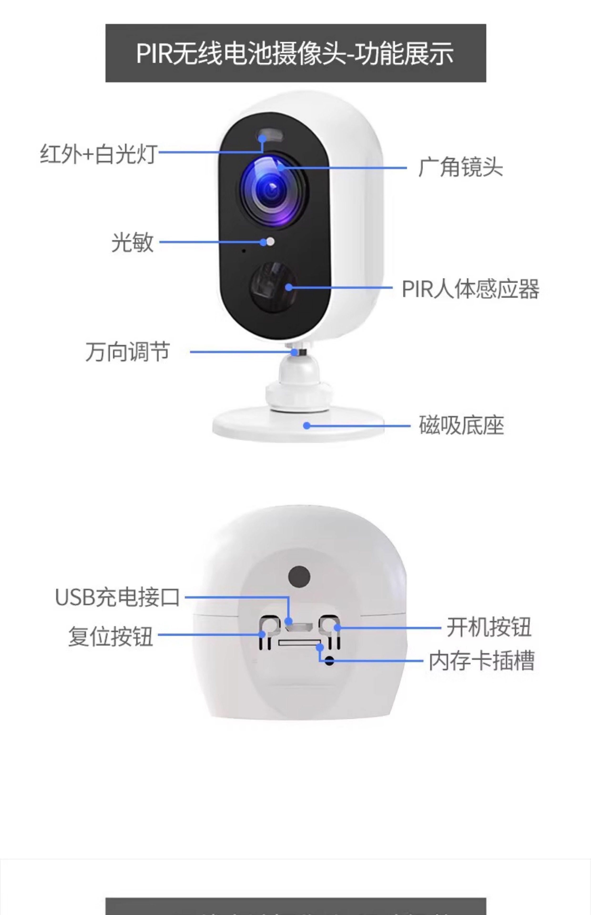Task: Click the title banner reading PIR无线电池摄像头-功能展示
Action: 295,53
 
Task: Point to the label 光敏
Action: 132,243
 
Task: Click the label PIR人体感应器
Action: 470,289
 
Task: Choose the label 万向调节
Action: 127,352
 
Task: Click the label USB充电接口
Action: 117,597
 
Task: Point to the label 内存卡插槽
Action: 482,661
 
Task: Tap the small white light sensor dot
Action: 270,241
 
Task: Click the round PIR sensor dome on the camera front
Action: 273,287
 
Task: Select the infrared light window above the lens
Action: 270,137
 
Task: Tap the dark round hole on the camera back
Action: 299,576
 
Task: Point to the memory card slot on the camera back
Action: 299,642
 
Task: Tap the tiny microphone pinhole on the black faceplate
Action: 244,251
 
